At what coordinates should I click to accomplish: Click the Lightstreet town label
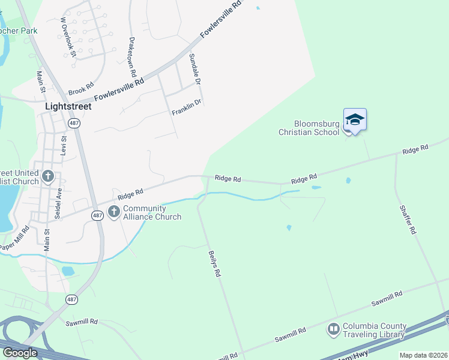pos(68,106)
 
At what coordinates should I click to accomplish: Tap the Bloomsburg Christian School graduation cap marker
pos(355,119)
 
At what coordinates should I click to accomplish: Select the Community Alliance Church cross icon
pos(114,211)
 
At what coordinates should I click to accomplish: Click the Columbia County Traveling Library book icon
pos(333,329)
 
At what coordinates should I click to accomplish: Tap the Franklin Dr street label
pos(186,107)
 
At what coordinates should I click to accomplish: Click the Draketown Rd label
pos(133,55)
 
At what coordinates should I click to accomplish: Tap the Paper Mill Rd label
pos(15,239)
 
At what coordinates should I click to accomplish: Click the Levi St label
pos(64,146)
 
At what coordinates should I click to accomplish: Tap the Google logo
pos(19,353)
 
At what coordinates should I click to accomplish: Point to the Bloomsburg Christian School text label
pos(309,128)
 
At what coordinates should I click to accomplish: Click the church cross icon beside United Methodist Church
pos(48,176)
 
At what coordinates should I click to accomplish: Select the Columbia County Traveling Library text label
pos(374,331)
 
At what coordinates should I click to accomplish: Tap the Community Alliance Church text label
pos(152,212)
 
